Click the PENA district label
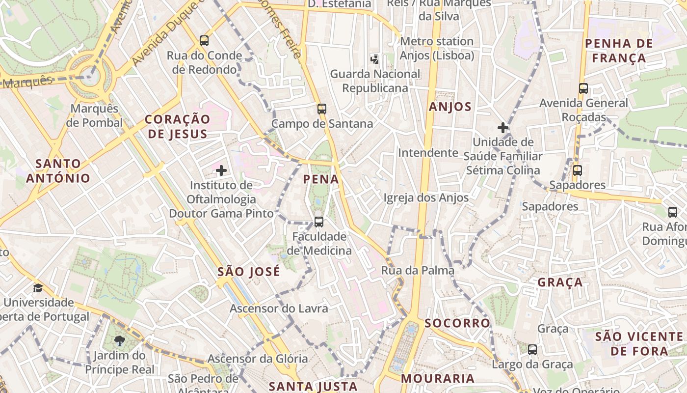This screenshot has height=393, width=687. click(x=321, y=179)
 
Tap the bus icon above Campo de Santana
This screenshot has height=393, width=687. click(x=321, y=109)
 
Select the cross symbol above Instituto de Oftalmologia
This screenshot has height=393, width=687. click(x=221, y=170)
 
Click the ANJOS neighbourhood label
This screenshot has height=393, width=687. click(x=450, y=107)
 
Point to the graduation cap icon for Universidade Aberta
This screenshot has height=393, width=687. click(x=38, y=288)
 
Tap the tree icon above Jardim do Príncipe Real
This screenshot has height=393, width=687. click(x=119, y=340)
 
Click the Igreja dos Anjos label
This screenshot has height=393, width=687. click(x=425, y=198)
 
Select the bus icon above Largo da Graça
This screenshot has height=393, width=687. click(x=532, y=350)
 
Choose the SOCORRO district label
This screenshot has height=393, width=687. click(x=457, y=323)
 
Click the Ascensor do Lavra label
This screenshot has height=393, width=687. click(x=279, y=309)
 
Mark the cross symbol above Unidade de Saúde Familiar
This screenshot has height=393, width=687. click(x=503, y=128)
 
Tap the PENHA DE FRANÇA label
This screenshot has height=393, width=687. click(x=619, y=51)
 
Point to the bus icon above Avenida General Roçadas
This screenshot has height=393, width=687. click(x=583, y=88)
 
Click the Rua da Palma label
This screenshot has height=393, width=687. click(x=418, y=270)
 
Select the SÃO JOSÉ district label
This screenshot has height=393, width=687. click(x=249, y=272)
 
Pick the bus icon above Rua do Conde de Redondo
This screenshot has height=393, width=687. click(x=204, y=41)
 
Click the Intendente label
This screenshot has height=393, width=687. click(x=428, y=153)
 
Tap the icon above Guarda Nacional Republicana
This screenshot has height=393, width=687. click(x=375, y=59)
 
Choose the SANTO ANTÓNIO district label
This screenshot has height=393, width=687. click(x=58, y=170)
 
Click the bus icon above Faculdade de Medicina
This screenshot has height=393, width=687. click(x=319, y=222)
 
